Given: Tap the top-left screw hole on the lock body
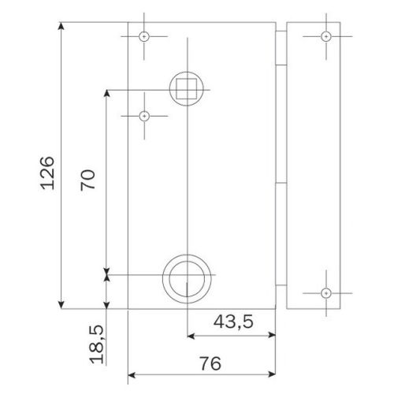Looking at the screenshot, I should [x=144, y=37].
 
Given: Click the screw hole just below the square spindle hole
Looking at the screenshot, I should [x=144, y=117].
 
